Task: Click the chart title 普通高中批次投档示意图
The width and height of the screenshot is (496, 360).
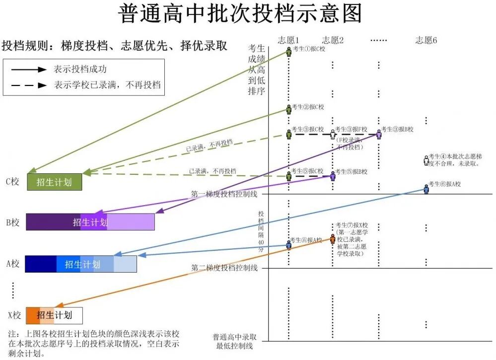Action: [240, 14]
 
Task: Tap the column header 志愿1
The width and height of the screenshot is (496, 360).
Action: [289, 40]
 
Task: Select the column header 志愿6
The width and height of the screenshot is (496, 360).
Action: [426, 40]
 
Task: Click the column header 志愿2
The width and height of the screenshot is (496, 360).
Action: [333, 40]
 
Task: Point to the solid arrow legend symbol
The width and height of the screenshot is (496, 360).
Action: [28, 70]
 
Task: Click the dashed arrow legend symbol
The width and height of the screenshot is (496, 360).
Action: [28, 85]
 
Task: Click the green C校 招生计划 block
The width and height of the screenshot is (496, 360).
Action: [54, 182]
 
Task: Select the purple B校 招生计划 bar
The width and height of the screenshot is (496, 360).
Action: [90, 222]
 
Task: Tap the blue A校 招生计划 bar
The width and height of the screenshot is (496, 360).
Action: [80, 264]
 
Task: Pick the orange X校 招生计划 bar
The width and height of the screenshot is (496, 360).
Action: [54, 315]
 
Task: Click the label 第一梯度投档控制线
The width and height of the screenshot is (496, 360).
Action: [224, 194]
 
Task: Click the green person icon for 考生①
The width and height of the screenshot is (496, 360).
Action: [288, 51]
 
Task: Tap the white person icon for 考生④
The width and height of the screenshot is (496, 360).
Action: [426, 160]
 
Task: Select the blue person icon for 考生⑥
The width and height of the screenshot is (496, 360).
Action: [426, 188]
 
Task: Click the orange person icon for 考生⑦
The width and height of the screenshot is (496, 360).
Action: [332, 239]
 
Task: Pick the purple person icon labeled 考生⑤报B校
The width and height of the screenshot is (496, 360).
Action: [333, 175]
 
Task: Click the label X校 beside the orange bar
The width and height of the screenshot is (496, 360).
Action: [14, 315]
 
